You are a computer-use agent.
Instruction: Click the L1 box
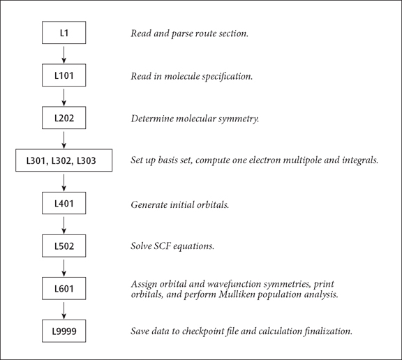pyautogui.click(x=64, y=33)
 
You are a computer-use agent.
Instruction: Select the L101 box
pyautogui.click(x=64, y=76)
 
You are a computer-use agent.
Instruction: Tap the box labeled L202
pyautogui.click(x=64, y=119)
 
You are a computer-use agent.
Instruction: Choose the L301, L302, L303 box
pyautogui.click(x=64, y=161)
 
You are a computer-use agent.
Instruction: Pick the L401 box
pyautogui.click(x=64, y=204)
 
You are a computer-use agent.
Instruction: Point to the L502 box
pyautogui.click(x=64, y=247)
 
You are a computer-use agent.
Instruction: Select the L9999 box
pyautogui.click(x=64, y=331)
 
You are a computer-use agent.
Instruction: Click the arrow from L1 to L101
pyautogui.click(x=64, y=54)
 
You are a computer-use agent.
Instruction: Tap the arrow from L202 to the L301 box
pyautogui.click(x=64, y=140)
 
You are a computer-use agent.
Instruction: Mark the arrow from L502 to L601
pyautogui.click(x=64, y=268)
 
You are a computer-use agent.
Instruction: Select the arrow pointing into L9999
pyautogui.click(x=64, y=310)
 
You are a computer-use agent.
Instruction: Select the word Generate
pyautogui.click(x=150, y=205)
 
